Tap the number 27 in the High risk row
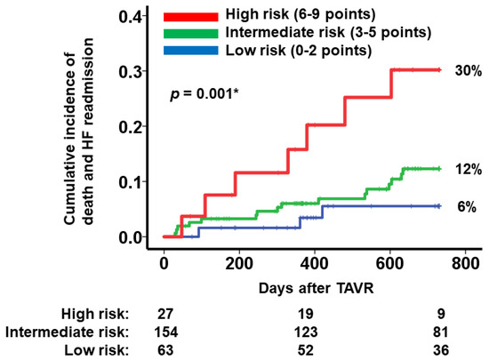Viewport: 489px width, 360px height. (164, 314)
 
